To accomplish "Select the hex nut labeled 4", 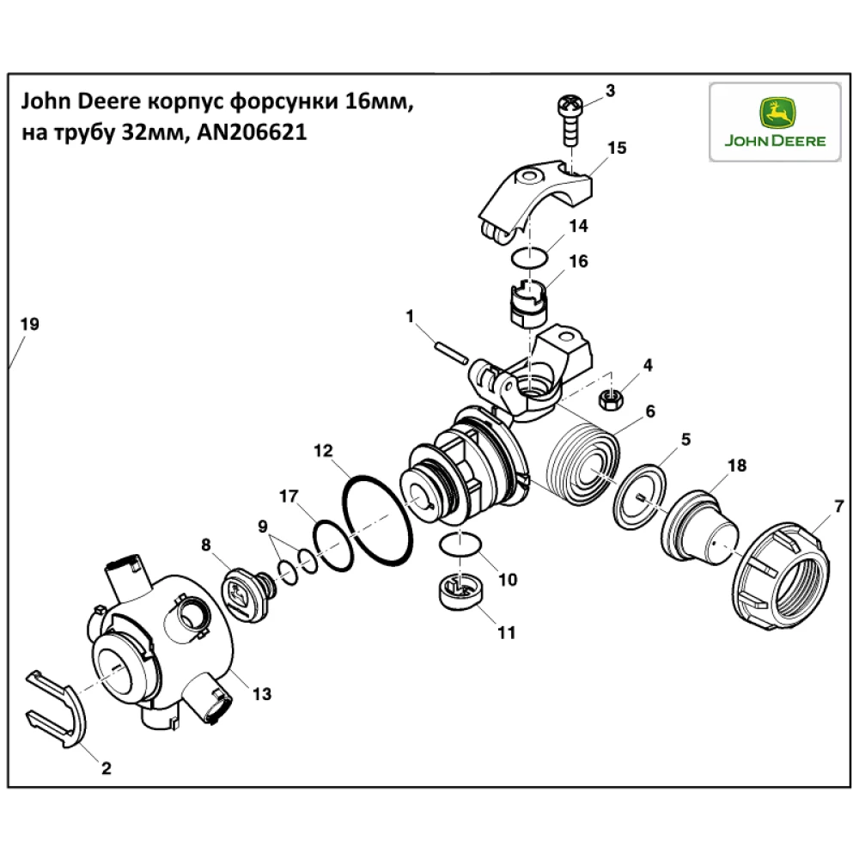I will pyautogui.click(x=610, y=399).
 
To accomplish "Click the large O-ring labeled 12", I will pyautogui.click(x=378, y=522).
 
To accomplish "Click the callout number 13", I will pyautogui.click(x=261, y=692).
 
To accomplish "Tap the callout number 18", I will pyautogui.click(x=737, y=465).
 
